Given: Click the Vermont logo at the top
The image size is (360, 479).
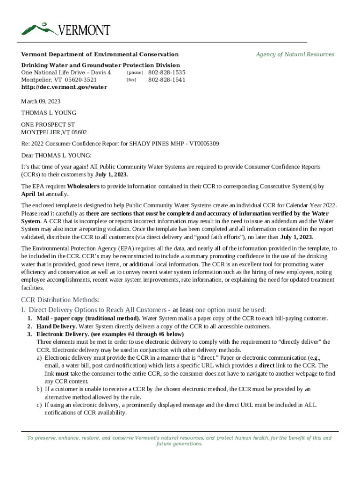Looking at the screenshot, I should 66,29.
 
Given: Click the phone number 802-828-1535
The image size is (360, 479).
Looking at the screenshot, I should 166,73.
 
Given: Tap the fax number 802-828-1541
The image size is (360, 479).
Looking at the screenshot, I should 166,80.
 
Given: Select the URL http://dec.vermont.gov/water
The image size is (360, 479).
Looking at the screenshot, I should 64,87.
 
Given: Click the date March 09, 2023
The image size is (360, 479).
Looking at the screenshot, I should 41,102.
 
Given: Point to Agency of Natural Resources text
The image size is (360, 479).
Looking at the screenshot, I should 295,54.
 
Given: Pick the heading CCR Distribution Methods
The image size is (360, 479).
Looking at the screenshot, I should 60,300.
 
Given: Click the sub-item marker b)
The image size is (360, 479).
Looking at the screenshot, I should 39,389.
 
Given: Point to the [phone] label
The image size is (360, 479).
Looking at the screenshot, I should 135,73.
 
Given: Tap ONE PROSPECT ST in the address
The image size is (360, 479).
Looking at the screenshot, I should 48,125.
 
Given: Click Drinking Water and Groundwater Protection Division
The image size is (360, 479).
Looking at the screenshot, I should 101,65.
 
